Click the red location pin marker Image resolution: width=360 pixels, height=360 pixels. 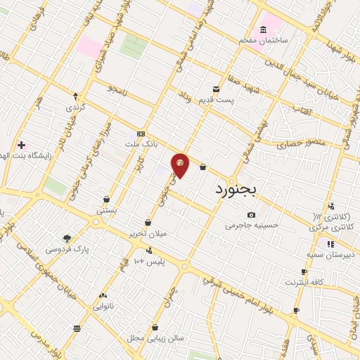181,165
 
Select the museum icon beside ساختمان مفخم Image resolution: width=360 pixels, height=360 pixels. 263,30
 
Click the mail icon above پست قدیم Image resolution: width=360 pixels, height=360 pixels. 216,89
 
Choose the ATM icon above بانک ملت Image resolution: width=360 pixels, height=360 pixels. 141,134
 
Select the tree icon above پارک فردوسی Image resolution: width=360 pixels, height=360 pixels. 67,238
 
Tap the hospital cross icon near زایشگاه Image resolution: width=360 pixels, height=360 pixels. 21,144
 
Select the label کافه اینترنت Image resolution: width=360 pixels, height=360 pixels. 304,282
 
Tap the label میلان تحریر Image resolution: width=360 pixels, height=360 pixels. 147,233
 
